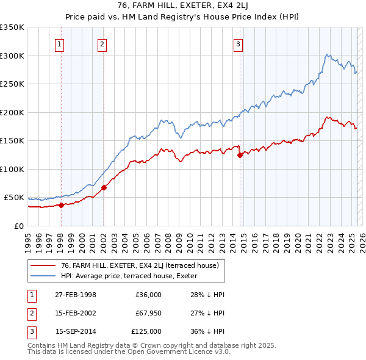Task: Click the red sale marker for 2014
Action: click(x=240, y=155)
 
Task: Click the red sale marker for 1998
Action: click(x=61, y=205)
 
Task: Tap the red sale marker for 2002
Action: click(x=104, y=187)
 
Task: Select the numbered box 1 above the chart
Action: click(x=60, y=44)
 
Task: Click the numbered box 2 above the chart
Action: click(x=101, y=44)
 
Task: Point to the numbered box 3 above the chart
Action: click(x=238, y=44)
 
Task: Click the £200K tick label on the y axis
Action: click(x=12, y=112)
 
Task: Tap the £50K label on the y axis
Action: click(x=14, y=198)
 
